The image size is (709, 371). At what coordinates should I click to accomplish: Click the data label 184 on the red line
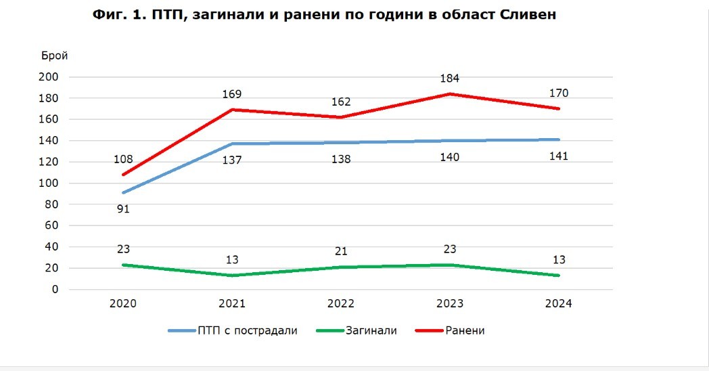click(x=450, y=78)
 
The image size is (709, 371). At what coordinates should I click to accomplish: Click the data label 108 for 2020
click(x=123, y=160)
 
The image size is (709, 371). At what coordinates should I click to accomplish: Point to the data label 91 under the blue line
click(x=123, y=209)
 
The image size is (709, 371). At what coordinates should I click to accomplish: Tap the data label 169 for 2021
click(x=232, y=94)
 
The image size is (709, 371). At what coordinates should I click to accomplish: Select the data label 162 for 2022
click(x=341, y=102)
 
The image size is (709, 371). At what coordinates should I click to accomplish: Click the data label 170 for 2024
click(x=559, y=93)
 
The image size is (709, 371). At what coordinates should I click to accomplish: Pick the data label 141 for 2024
click(x=559, y=156)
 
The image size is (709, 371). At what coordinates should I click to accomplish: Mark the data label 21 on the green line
click(x=341, y=251)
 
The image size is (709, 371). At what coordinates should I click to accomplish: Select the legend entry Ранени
click(x=465, y=331)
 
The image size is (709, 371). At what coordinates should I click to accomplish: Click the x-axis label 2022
click(x=341, y=304)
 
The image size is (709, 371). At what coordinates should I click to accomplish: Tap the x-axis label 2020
click(x=123, y=304)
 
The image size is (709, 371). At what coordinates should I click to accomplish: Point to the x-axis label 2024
click(x=559, y=304)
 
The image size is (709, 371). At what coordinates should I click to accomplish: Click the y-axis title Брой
click(x=54, y=56)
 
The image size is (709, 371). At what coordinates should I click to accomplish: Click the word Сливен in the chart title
click(x=524, y=15)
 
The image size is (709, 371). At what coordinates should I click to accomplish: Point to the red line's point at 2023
click(x=450, y=94)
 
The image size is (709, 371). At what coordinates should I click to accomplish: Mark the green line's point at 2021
click(x=232, y=276)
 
